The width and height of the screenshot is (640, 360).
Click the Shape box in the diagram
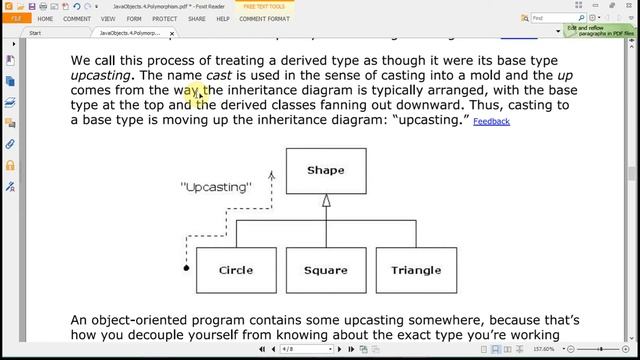coord(325,170)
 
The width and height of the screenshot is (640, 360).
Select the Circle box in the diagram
coord(235,269)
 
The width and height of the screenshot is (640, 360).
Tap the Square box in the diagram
coord(325,269)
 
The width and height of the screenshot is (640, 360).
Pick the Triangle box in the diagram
coord(415,269)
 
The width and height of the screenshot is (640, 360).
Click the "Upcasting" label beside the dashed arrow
coord(216,186)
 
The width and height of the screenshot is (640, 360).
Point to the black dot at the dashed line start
coord(186,268)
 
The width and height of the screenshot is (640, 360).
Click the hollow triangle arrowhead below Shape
coord(325,200)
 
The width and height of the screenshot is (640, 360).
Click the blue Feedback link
coord(491,121)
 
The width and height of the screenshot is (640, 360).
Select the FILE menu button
coord(15,18)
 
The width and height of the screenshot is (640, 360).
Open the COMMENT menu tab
coord(77,18)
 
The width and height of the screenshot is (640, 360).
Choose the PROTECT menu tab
coord(165,18)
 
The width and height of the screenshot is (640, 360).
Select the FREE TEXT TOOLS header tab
coord(271,6)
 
